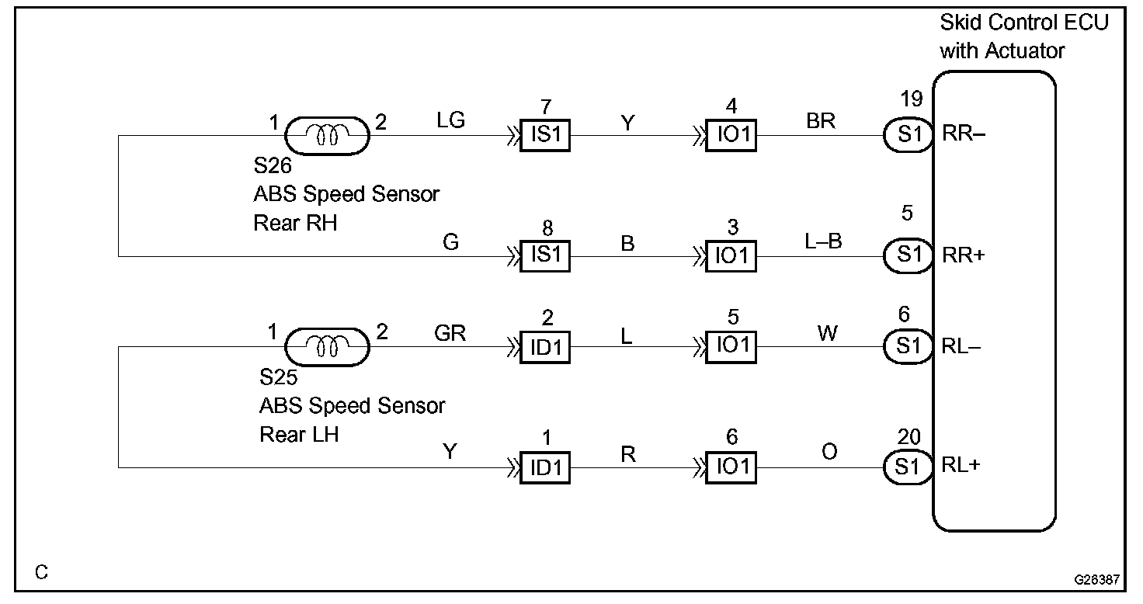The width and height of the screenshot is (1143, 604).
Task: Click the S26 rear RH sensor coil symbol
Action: pyautogui.click(x=327, y=136)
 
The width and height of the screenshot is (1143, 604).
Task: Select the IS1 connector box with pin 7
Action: pyautogui.click(x=545, y=136)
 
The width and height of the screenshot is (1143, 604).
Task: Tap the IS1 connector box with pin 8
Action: pyautogui.click(x=545, y=256)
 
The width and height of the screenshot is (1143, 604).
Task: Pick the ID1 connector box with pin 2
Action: pyautogui.click(x=545, y=347)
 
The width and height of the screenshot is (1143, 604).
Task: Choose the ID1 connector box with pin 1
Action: pyautogui.click(x=545, y=467)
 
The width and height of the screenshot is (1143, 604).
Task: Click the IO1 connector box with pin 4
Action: pyautogui.click(x=731, y=136)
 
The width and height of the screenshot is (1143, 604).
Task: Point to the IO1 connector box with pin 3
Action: pyautogui.click(x=731, y=256)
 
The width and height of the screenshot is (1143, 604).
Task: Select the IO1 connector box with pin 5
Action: pyautogui.click(x=731, y=347)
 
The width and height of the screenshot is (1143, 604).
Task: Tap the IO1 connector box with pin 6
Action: pyautogui.click(x=731, y=467)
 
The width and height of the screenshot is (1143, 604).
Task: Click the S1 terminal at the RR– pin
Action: pyautogui.click(x=908, y=136)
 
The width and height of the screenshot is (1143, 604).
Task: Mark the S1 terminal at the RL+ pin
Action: pyautogui.click(x=908, y=467)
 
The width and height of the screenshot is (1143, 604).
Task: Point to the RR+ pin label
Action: pyautogui.click(x=963, y=256)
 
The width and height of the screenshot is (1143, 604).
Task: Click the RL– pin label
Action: pyautogui.click(x=961, y=347)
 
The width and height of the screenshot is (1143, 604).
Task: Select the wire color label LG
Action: pyautogui.click(x=451, y=120)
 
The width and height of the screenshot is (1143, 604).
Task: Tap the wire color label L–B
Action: pyautogui.click(x=823, y=241)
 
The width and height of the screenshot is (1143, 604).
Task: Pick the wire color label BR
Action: pyautogui.click(x=821, y=120)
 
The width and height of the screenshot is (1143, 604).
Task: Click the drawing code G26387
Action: pyautogui.click(x=1097, y=579)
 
